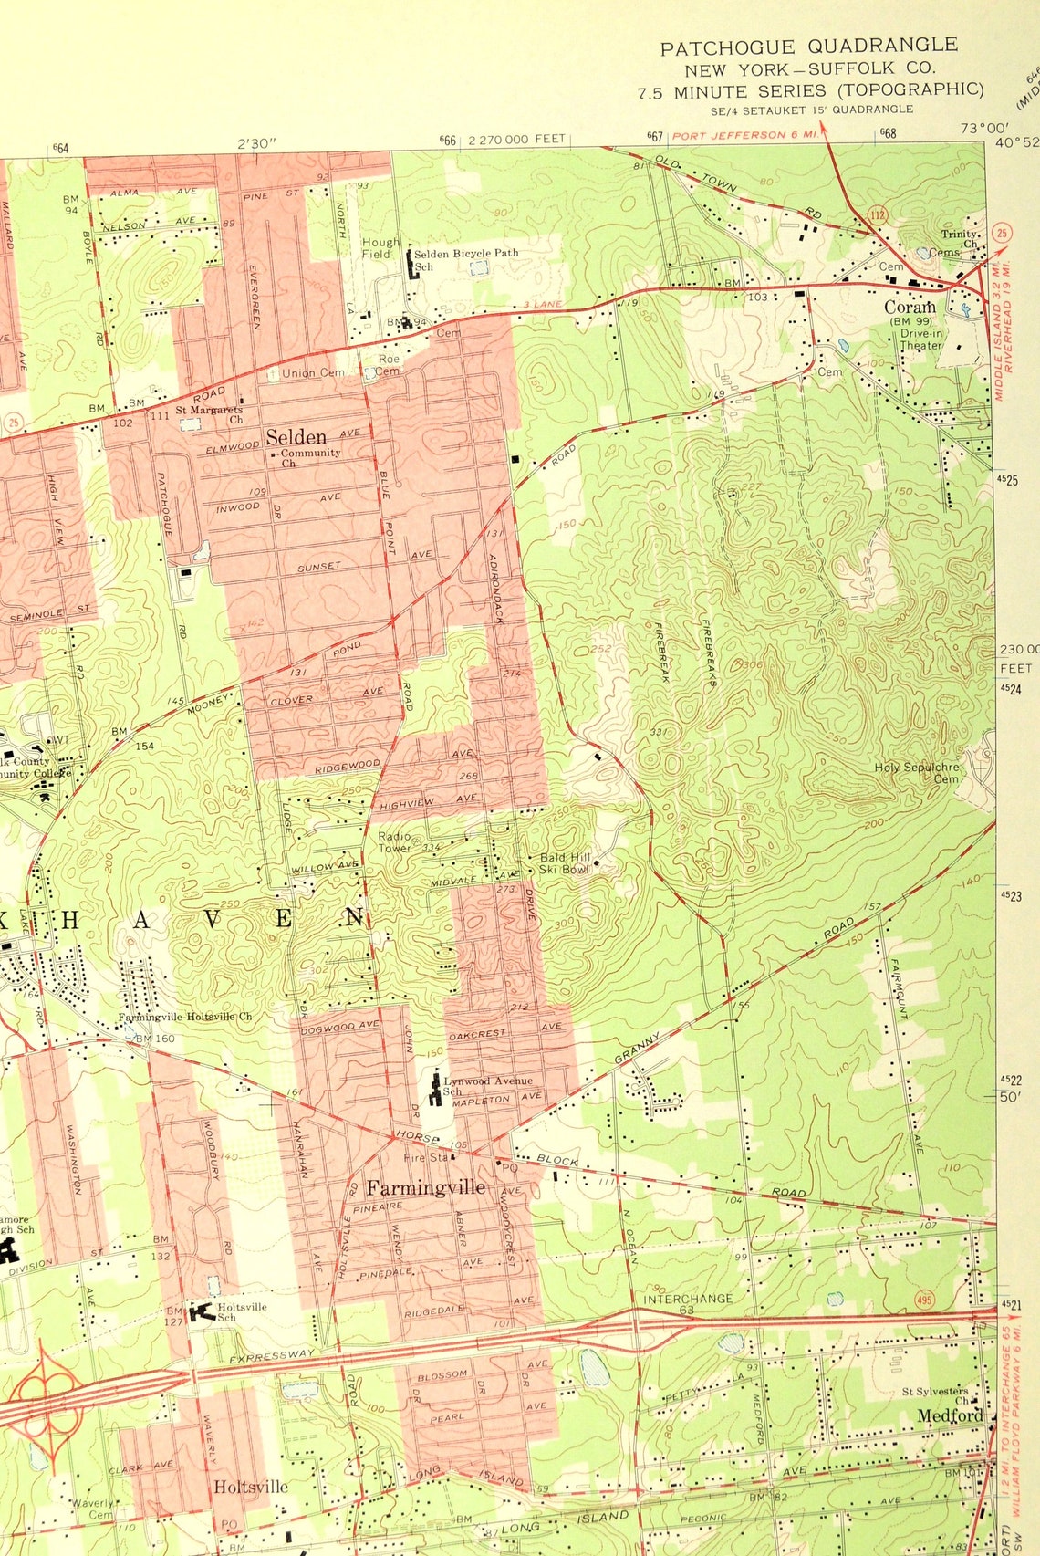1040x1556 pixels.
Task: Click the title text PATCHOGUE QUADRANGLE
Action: coord(809,47)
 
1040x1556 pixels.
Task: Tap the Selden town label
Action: coord(296,437)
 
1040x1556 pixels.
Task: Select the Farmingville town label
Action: coord(425,1187)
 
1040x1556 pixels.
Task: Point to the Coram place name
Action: coord(910,308)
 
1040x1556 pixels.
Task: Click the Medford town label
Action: coord(950,1415)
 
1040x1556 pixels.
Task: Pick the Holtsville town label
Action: coord(251,1487)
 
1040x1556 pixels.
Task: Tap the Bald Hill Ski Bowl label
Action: coord(566,863)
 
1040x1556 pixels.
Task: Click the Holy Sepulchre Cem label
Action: coord(918,772)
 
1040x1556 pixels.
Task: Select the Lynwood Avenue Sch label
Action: coord(487,1085)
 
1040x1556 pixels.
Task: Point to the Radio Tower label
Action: coord(395,841)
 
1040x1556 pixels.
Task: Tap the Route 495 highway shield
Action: coord(924,1299)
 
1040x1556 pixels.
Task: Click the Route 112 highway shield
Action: coord(878,214)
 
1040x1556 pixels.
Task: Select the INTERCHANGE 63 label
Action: coord(688,1302)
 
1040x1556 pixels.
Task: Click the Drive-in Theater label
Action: coord(921,339)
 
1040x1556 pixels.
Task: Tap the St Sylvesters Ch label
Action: coord(936,1395)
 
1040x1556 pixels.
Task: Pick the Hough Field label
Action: coord(380,247)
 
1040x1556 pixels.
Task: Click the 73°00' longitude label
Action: coord(984,128)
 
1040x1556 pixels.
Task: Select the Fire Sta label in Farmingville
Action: coord(426,1157)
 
